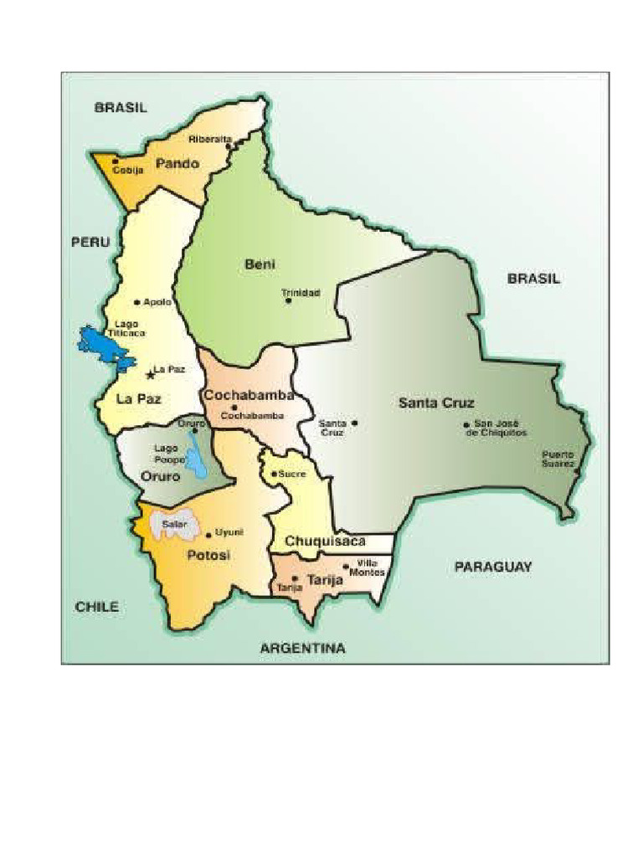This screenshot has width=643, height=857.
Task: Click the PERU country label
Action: (90, 242)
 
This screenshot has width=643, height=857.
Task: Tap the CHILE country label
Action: (97, 608)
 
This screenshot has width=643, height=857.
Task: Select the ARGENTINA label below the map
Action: (302, 648)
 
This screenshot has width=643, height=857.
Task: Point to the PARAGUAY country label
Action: (493, 567)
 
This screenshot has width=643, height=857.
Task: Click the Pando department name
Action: (177, 164)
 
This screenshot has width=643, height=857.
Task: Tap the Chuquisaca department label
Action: (325, 541)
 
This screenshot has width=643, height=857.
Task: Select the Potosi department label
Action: (208, 556)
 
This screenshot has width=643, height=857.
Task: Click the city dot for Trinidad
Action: (289, 300)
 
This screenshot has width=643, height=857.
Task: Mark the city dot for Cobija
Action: (116, 161)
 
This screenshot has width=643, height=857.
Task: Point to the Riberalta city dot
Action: (229, 145)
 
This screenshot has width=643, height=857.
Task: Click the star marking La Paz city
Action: (151, 373)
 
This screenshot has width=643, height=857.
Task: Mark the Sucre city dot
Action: (274, 474)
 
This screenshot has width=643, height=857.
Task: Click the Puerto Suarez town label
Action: (558, 459)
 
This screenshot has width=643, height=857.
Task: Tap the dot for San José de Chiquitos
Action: (466, 425)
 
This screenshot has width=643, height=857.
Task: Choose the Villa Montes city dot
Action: (346, 567)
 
